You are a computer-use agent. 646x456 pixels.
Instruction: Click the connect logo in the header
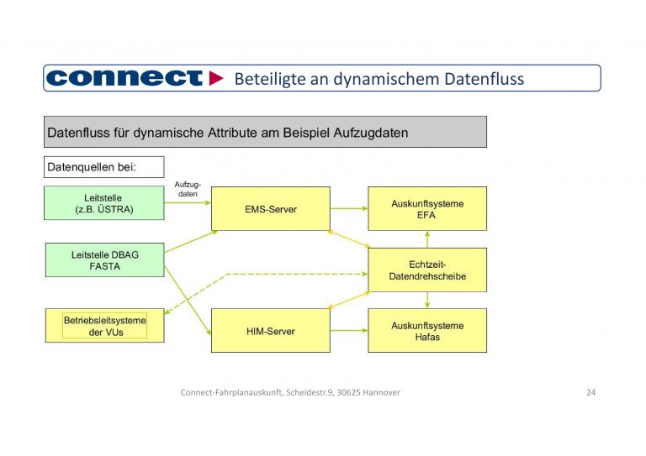coord(124,78)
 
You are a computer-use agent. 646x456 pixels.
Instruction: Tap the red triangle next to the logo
coord(216,78)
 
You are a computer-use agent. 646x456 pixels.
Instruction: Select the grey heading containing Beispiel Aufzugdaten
coord(265,133)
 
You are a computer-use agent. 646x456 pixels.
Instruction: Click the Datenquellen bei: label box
coord(103,166)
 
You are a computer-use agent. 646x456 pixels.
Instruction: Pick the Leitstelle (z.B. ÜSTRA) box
coord(103,203)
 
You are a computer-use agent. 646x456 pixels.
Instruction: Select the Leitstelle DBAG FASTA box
coord(103,259)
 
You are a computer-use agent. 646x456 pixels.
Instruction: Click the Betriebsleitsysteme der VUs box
coord(104,326)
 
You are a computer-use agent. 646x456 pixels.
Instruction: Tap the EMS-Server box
coord(270,208)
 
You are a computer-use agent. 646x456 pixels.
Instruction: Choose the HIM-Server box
coord(270,331)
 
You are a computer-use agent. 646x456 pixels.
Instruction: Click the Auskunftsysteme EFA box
coord(427,208)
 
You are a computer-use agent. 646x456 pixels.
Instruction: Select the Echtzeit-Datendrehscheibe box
coord(427,270)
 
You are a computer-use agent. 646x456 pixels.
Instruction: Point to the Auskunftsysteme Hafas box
coord(427,331)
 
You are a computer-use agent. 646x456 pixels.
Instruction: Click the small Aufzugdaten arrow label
coord(188,189)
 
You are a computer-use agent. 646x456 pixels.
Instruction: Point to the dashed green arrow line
coord(278,275)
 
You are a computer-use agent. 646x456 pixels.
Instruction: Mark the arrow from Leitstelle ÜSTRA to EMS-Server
coord(187,203)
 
